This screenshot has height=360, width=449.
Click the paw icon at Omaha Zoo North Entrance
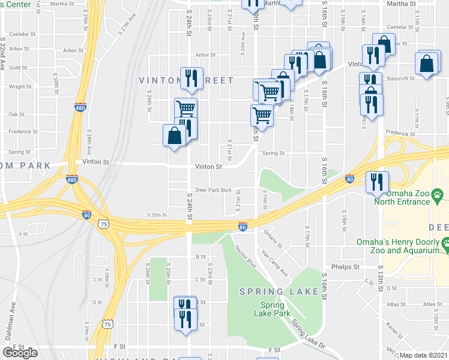tap(439, 194)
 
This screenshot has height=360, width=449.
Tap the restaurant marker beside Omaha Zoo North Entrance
tap(378, 182)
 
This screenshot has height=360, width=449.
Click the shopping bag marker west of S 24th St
tap(173, 136)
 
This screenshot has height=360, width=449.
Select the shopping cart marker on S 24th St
tap(186, 109)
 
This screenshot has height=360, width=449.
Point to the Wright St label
tap(20, 86)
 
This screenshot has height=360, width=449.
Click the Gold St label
tap(17, 68)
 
